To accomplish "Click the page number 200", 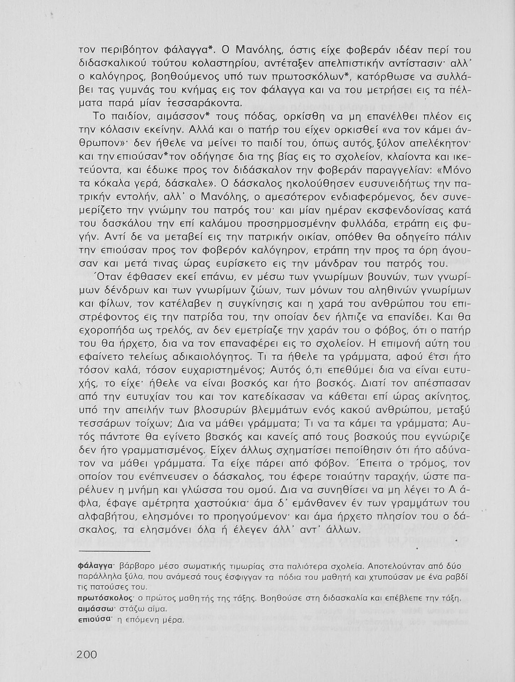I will tap(87, 655).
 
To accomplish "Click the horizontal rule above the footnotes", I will tap(114, 552).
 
